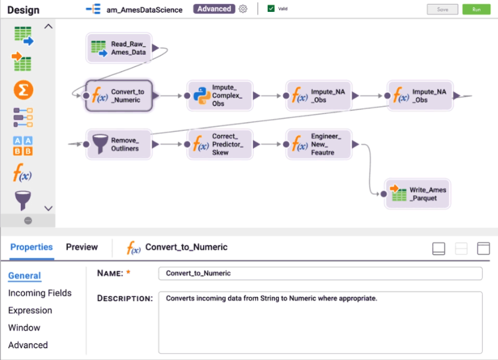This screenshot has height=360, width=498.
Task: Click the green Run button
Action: [x=476, y=10]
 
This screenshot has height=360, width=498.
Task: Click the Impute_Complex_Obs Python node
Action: [x=220, y=95]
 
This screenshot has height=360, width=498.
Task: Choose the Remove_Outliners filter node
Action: [x=119, y=144]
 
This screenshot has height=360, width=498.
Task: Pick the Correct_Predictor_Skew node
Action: [x=220, y=144]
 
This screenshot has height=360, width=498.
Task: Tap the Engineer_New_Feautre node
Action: [x=319, y=144]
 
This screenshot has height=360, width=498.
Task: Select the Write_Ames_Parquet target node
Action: [x=418, y=194]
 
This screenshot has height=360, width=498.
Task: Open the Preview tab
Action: [x=82, y=247]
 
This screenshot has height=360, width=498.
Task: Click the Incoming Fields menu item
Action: [x=40, y=293]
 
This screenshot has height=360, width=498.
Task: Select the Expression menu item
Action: [x=30, y=310]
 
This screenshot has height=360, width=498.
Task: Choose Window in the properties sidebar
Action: [x=24, y=327]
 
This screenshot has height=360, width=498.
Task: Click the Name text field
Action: [x=320, y=273]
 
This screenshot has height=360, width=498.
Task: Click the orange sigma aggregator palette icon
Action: [x=23, y=90]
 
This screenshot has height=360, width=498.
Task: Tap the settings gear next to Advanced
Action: [x=243, y=9]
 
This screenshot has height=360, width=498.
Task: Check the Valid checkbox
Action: [x=271, y=9]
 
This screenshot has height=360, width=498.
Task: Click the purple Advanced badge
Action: [x=214, y=9]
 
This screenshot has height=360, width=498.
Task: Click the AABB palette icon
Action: [x=23, y=145]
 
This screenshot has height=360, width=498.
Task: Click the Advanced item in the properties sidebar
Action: [x=28, y=345]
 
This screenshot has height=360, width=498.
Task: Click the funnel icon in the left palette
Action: [x=23, y=200]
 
